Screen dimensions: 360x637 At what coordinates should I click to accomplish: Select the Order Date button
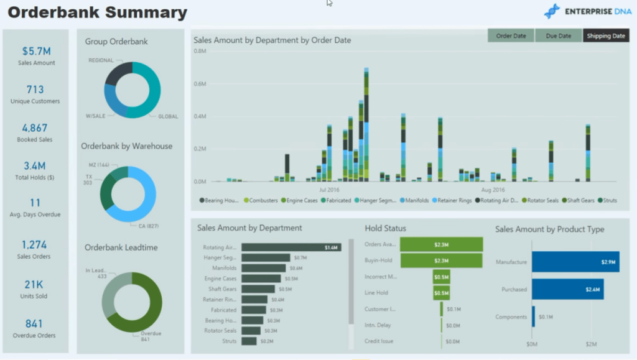[511, 36]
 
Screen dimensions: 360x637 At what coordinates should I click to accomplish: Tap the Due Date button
[558, 36]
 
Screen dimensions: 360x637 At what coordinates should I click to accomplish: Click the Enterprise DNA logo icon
[552, 11]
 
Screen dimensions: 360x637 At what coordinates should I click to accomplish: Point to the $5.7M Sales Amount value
[37, 51]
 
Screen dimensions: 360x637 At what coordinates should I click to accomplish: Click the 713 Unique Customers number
[35, 90]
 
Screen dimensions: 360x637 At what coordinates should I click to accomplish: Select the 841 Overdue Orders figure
[35, 323]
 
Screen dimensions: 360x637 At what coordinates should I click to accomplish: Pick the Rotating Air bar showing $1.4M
[291, 247]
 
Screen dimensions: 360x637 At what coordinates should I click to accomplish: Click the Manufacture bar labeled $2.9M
[575, 262]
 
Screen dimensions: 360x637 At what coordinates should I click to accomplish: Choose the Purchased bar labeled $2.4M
[567, 289]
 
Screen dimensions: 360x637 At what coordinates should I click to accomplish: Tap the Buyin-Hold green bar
[441, 261]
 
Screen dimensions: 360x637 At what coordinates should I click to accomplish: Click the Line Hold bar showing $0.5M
[441, 293]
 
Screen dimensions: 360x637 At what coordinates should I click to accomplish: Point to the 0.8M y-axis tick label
[200, 51]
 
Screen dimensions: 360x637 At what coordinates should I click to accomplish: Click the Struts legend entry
[608, 200]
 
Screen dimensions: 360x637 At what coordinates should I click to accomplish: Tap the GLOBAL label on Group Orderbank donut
[168, 116]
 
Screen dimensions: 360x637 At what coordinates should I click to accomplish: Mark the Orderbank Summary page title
[97, 12]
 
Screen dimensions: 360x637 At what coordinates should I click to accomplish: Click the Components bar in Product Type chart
[533, 316]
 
